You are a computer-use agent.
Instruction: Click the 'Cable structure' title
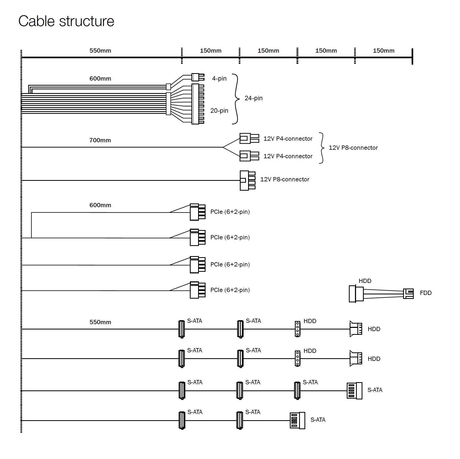click(x=66, y=21)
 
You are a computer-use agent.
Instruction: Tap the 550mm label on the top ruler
click(x=100, y=51)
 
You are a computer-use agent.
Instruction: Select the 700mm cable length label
click(x=100, y=140)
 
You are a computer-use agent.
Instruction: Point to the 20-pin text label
click(x=219, y=111)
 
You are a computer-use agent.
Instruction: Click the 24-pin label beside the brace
click(x=253, y=98)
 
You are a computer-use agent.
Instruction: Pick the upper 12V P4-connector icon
click(x=249, y=138)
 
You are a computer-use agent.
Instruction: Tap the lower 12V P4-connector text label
click(x=288, y=156)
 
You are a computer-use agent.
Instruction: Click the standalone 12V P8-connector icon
click(x=248, y=180)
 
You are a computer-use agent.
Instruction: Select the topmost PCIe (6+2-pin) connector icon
click(x=198, y=212)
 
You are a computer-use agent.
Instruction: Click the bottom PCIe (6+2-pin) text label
click(x=230, y=290)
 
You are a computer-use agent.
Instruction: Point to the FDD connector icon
click(x=408, y=294)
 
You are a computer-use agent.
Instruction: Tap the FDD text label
click(x=425, y=293)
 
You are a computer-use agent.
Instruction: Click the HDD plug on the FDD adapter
click(x=356, y=294)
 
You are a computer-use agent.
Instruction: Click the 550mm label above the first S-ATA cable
click(x=100, y=322)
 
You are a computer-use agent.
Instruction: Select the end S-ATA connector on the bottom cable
click(x=297, y=420)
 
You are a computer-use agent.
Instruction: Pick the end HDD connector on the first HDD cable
click(x=356, y=329)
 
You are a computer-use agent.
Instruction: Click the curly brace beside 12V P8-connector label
click(x=322, y=148)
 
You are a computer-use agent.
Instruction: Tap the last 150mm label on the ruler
click(x=383, y=51)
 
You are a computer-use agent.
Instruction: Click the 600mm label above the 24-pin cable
click(x=100, y=78)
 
